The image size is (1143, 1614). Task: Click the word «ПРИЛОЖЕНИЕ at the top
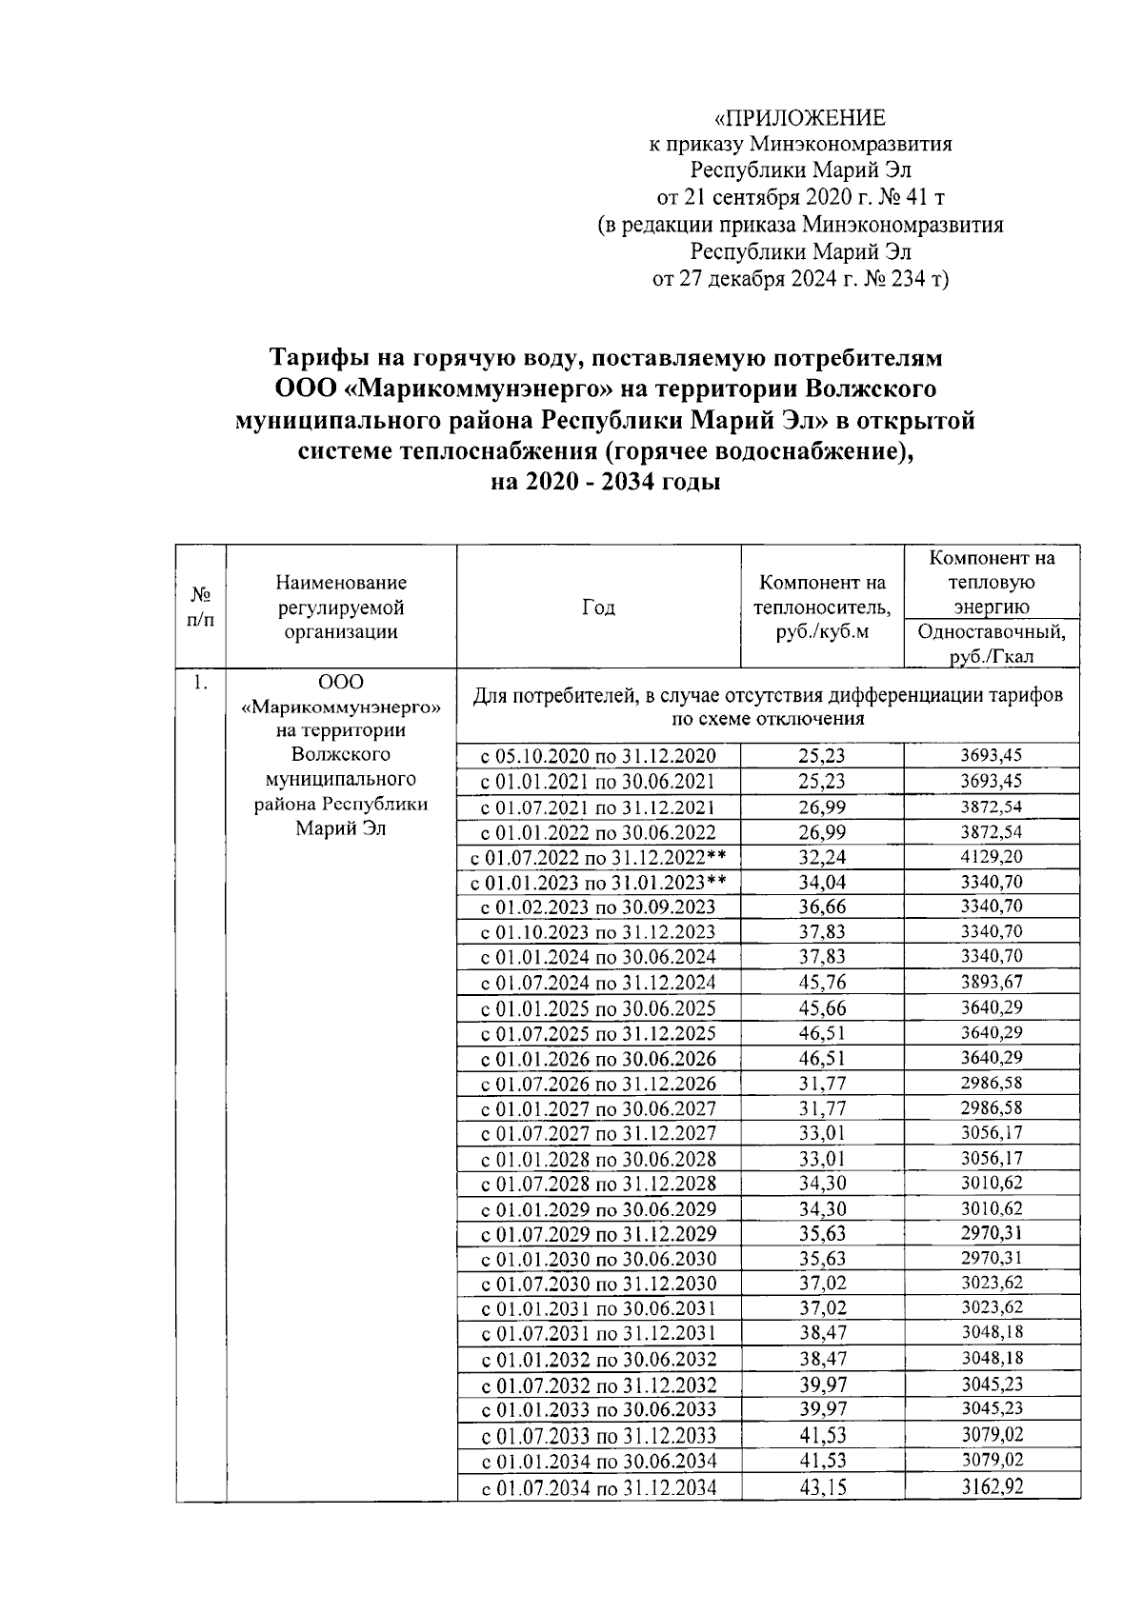pyautogui.click(x=800, y=118)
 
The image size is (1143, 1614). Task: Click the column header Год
pyautogui.click(x=598, y=608)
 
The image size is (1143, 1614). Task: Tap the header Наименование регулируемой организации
pyautogui.click(x=341, y=607)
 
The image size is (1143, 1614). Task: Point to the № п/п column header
pyautogui.click(x=201, y=607)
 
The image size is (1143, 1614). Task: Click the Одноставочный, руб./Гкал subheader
pyautogui.click(x=991, y=644)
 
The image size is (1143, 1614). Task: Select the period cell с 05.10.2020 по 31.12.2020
pyautogui.click(x=598, y=757)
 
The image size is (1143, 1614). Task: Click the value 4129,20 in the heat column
pyautogui.click(x=991, y=857)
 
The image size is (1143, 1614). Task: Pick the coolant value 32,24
pyautogui.click(x=822, y=857)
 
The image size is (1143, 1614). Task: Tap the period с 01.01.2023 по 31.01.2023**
pyautogui.click(x=598, y=882)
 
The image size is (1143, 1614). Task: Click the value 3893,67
pyautogui.click(x=991, y=983)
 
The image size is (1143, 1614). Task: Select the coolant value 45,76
pyautogui.click(x=822, y=983)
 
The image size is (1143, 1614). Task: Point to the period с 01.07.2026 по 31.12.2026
pyautogui.click(x=598, y=1084)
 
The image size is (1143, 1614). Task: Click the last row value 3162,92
pyautogui.click(x=991, y=1486)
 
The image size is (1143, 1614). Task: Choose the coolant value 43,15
pyautogui.click(x=822, y=1486)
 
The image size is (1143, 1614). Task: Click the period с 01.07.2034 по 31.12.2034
pyautogui.click(x=598, y=1487)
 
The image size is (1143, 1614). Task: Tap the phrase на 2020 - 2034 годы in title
pyautogui.click(x=604, y=482)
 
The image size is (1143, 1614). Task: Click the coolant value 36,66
pyautogui.click(x=822, y=907)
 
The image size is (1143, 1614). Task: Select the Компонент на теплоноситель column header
pyautogui.click(x=822, y=607)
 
